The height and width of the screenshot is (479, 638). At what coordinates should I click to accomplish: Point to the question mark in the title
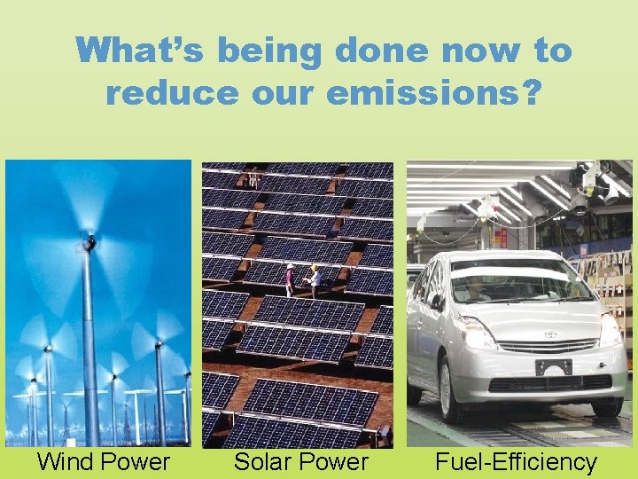pos(527,91)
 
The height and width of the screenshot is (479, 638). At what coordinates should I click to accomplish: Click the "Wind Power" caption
pos(103,462)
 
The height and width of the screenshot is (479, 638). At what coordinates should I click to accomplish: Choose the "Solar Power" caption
pos(300,462)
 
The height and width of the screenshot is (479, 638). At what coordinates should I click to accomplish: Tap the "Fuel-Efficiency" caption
pos(516,462)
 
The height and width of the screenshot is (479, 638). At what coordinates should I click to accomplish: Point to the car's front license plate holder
pos(553,366)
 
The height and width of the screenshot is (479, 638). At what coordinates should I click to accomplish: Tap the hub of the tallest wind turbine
pos(89,240)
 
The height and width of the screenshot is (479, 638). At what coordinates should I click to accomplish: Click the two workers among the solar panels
pos(301,279)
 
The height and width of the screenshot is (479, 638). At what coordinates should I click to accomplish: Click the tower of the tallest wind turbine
pos(90,346)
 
